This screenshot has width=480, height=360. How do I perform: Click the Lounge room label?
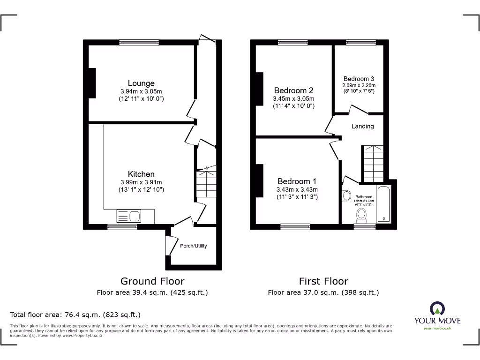pos(141,83)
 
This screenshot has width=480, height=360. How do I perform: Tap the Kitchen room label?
pos(141,174)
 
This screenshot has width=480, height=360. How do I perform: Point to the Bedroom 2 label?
pos(293,90)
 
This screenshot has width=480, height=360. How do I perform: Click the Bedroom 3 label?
pos(359,79)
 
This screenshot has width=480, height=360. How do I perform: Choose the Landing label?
pos(363,126)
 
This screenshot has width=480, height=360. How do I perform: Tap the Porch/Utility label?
pos(193,246)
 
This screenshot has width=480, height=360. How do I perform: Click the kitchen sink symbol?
pos(128,216)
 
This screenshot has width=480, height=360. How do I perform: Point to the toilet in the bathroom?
pos(361,214)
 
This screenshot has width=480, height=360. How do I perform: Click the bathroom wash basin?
pos(347,196)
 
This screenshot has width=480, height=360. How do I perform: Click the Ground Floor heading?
pos(152,281)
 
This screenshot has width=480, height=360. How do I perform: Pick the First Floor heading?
pos(323,281)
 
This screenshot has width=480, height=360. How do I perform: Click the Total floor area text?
pos(75,315)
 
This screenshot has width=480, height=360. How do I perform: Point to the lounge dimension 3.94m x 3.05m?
pos(141,91)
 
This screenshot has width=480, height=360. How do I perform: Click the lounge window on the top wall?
pos(139,43)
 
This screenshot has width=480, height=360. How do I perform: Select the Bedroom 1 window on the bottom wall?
pos(295,227)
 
